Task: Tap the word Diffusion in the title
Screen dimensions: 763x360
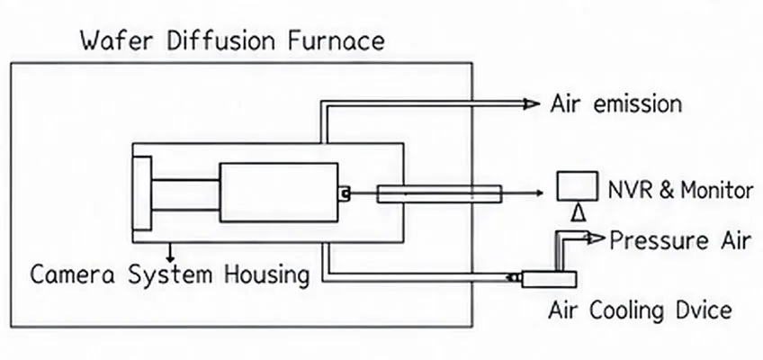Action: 222,40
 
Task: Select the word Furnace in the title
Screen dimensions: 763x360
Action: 337,40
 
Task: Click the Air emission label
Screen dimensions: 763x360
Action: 615,104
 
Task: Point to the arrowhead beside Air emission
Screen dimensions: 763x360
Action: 532,103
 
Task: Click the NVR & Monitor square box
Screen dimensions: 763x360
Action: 578,185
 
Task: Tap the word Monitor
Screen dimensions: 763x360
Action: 717,190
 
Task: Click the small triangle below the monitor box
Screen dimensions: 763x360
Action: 578,212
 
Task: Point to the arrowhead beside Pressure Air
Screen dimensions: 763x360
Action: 597,238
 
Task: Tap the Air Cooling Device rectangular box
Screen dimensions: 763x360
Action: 550,279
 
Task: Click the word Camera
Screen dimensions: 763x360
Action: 73,274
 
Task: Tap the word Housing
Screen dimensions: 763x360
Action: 266,275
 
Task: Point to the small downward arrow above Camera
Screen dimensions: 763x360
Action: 170,252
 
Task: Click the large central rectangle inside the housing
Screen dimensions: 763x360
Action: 279,193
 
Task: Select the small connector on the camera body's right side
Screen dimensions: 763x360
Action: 344,193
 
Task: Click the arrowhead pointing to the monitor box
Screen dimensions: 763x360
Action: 539,193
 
